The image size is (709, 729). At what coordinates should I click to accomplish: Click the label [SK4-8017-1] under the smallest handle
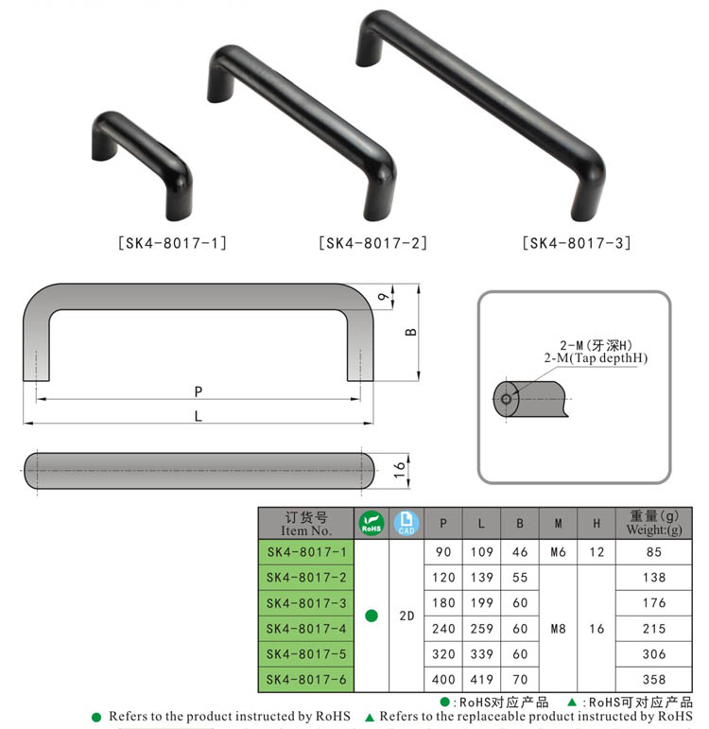tap(172, 243)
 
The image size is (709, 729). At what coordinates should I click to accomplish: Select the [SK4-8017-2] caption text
tap(372, 243)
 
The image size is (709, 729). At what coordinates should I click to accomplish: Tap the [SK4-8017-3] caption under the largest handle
tap(576, 243)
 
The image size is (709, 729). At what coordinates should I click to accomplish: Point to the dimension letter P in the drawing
tap(198, 391)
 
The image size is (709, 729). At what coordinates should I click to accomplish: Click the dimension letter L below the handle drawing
tap(198, 414)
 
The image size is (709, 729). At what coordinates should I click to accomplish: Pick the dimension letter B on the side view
tap(410, 333)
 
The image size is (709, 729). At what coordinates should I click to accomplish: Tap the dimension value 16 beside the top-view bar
tap(400, 469)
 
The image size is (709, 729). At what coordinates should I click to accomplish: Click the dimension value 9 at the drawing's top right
tap(383, 297)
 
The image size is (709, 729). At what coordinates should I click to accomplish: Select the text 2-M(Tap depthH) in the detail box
tap(596, 359)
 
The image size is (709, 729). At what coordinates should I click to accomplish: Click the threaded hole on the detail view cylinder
tap(507, 399)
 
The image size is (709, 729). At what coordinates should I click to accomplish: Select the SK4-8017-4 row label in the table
tap(306, 628)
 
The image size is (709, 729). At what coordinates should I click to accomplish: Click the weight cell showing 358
tap(654, 679)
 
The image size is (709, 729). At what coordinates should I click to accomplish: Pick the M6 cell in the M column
tap(558, 552)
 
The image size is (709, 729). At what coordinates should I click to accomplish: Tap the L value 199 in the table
tap(482, 603)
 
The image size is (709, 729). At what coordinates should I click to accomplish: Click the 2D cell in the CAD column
tap(406, 616)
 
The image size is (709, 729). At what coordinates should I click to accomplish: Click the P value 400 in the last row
tap(443, 679)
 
